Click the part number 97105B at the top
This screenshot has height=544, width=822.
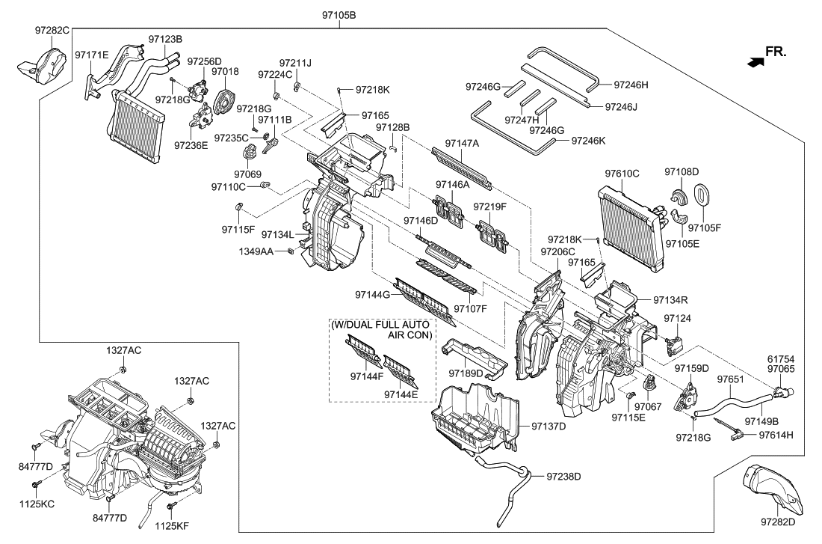(x=339, y=15)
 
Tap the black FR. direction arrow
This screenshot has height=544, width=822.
(x=755, y=62)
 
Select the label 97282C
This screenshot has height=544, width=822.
(x=52, y=31)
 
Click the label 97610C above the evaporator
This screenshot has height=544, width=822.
(x=622, y=174)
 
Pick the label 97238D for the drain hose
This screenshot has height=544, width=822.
(x=563, y=476)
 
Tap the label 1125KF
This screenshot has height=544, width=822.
(x=171, y=524)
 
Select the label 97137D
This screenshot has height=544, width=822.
(x=549, y=427)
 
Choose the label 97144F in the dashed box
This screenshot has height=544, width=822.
(x=367, y=376)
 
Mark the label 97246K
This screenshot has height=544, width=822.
(x=588, y=141)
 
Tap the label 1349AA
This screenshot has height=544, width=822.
(x=256, y=251)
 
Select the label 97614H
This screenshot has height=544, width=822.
(x=776, y=435)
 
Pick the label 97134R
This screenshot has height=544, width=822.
(x=670, y=300)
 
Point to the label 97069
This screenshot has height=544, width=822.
(x=247, y=174)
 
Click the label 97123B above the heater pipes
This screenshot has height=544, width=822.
(x=165, y=39)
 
